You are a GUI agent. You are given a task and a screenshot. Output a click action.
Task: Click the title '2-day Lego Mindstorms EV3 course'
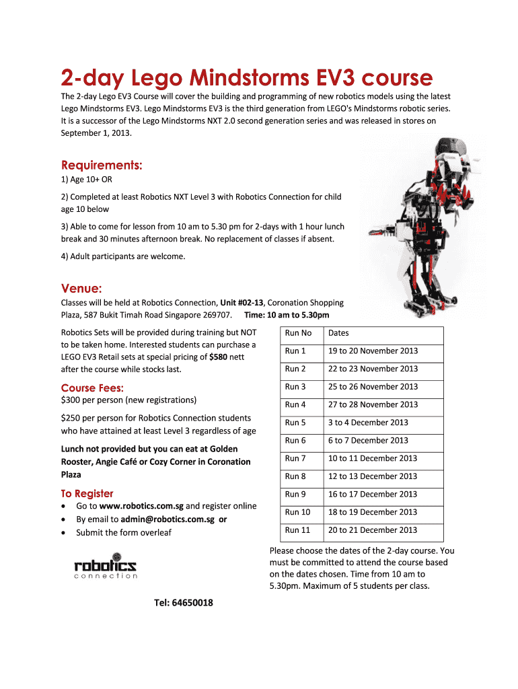[246, 78]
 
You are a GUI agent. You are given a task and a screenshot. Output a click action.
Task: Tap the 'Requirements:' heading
[102, 165]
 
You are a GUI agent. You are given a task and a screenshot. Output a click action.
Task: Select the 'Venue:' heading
[81, 289]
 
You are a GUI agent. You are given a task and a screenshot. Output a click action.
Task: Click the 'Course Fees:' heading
[92, 388]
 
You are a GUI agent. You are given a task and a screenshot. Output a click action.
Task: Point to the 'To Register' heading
[87, 493]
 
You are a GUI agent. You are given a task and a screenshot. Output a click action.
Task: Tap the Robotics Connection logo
[106, 566]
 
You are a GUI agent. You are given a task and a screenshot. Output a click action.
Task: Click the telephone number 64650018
[184, 602]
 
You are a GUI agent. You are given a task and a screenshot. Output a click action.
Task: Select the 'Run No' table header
[298, 333]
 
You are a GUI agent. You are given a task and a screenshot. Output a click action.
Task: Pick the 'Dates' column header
[338, 333]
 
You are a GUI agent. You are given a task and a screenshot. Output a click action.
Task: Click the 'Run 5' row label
[295, 423]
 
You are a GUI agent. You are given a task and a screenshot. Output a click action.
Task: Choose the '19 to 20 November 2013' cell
[373, 351]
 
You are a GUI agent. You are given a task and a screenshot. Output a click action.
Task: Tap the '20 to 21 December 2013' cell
[373, 530]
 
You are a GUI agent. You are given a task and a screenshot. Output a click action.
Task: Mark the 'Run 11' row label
[297, 530]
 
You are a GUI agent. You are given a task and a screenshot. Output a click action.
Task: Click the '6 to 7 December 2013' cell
[368, 441]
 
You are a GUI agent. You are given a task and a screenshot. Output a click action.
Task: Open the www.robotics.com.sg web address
[141, 506]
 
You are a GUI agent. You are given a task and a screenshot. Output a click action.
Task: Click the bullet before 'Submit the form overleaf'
[63, 533]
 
